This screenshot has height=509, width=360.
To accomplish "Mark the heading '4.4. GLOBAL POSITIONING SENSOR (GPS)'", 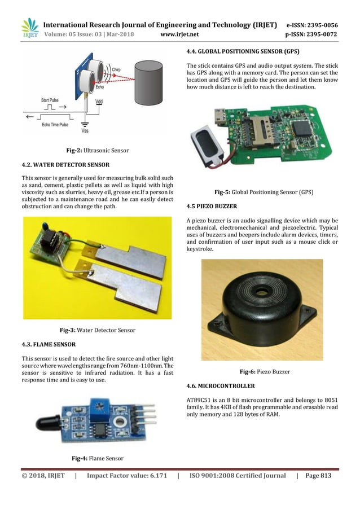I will click(243, 51).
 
